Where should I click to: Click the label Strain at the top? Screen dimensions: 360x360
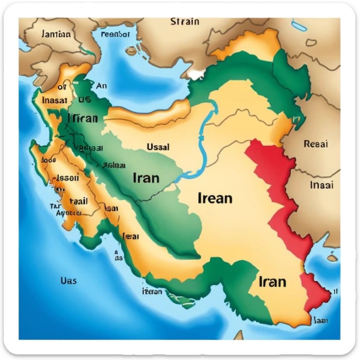(185, 21)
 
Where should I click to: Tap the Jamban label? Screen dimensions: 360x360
(56, 34)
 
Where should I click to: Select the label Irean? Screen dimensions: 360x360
(215, 198)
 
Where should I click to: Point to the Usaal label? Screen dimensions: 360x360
(157, 147)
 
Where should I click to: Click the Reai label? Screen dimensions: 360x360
(315, 144)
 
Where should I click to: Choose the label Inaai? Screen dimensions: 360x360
(321, 185)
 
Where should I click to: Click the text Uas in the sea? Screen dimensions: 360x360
(68, 281)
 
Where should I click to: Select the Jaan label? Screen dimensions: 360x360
(321, 320)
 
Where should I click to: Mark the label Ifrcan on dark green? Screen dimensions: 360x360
(83, 118)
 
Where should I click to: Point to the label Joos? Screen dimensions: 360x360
(49, 159)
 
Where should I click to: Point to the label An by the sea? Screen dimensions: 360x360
(101, 86)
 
